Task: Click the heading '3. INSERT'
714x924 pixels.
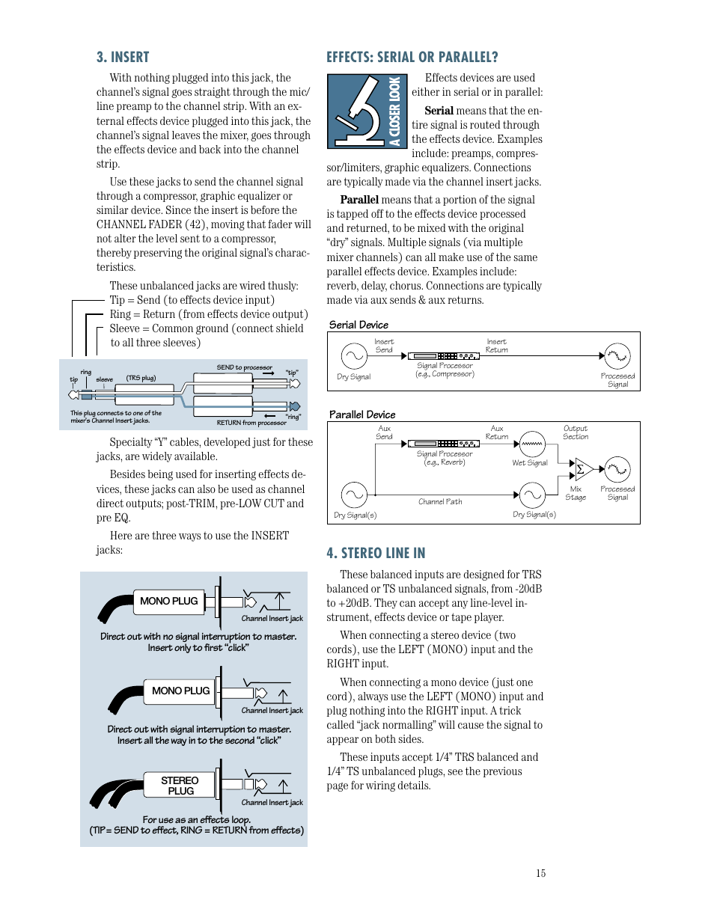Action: [x=123, y=58]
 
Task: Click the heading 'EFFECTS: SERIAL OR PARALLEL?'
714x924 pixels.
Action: [x=412, y=58]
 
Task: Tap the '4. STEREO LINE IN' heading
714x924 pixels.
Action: [x=376, y=553]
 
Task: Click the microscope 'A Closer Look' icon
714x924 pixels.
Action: [x=367, y=111]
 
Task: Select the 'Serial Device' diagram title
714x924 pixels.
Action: [x=358, y=325]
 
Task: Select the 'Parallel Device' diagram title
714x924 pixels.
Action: [x=362, y=414]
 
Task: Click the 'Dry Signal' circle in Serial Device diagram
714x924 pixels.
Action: [x=354, y=356]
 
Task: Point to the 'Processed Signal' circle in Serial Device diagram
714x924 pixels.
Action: [x=617, y=356]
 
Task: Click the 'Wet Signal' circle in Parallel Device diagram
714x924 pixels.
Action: [x=531, y=444]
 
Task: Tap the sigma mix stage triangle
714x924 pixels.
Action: [x=583, y=470]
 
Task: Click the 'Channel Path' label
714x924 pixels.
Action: [x=440, y=502]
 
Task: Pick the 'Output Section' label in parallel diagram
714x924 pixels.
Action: [x=576, y=432]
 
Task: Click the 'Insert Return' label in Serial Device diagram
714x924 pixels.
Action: [x=496, y=346]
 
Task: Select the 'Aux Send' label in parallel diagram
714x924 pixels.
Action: [x=384, y=432]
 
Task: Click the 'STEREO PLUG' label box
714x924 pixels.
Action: [x=180, y=786]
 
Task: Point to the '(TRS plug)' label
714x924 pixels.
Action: [x=141, y=378]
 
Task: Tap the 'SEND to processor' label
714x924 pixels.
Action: [x=244, y=367]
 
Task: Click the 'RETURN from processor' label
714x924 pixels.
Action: [x=251, y=423]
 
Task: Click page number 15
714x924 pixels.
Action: [x=540, y=873]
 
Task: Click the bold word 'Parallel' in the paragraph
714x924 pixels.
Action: [x=359, y=200]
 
